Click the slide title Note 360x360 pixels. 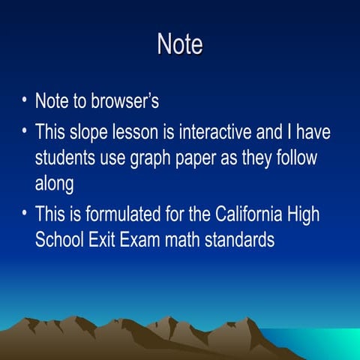pos(180,43)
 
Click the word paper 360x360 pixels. pos(197,158)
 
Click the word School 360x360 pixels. pos(60,239)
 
